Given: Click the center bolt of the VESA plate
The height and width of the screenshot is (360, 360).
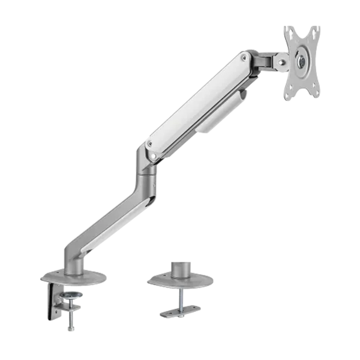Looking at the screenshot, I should pyautogui.click(x=301, y=61).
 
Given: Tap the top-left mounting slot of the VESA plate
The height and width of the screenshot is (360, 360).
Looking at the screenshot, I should pyautogui.click(x=290, y=34).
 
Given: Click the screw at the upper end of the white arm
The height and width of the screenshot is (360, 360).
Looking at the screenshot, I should pyautogui.click(x=244, y=58).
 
